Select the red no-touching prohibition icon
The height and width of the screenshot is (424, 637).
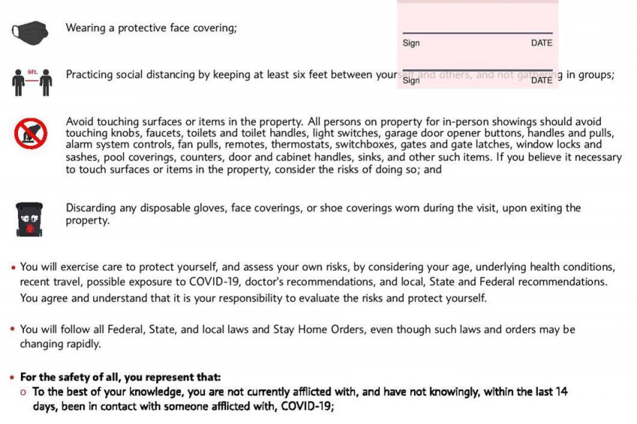tap(30, 133)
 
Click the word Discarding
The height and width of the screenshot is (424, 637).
tap(93, 208)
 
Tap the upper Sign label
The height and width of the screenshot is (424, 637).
tap(411, 43)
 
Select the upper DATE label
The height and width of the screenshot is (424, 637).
tap(541, 43)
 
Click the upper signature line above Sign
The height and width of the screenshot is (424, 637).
tap(477, 33)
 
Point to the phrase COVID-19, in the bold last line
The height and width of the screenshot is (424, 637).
tap(304, 406)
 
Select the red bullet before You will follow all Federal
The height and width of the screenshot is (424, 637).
tap(13, 330)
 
